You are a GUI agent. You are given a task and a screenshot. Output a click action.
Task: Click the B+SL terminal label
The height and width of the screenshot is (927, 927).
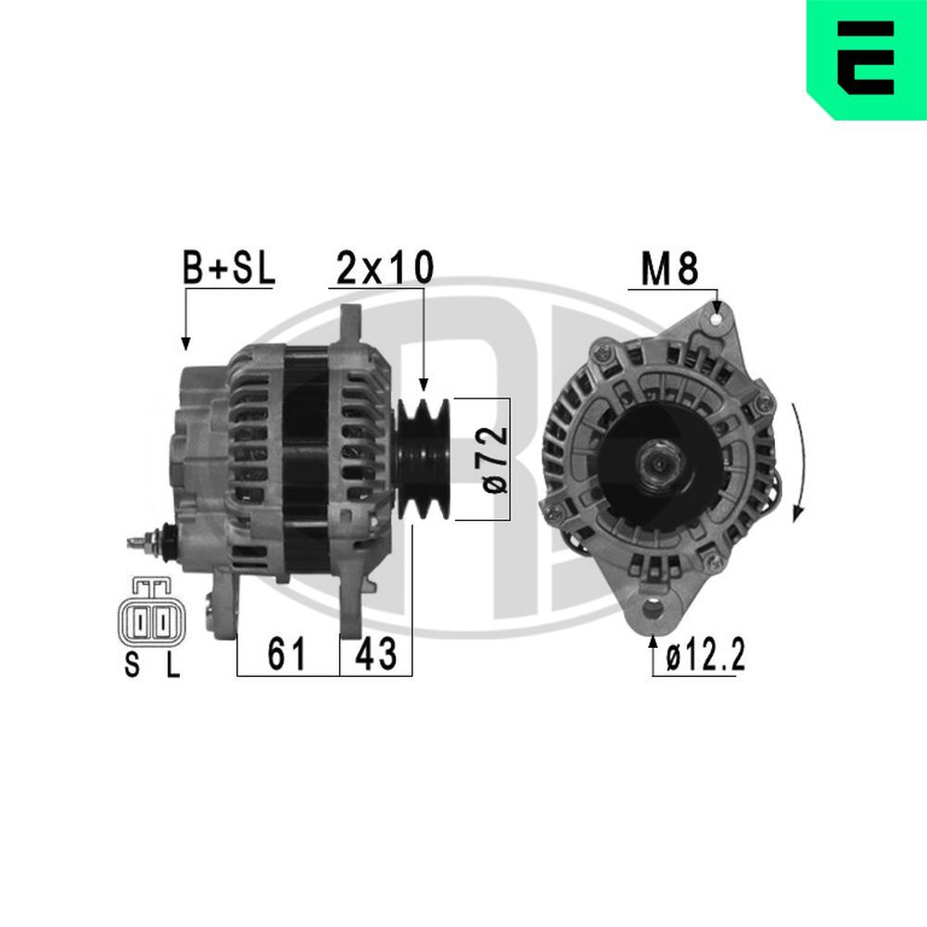[x=227, y=268]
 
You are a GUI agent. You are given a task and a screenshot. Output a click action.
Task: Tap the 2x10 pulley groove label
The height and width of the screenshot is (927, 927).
[x=384, y=268]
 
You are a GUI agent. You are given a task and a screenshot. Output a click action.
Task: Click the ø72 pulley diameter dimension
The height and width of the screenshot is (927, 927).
[x=495, y=459]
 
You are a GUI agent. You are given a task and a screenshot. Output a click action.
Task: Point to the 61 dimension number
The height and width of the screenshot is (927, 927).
[x=287, y=655]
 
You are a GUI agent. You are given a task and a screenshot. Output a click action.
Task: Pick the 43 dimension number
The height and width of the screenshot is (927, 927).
[x=376, y=655]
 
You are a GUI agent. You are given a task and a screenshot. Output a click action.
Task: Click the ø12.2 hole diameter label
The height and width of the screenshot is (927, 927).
[x=705, y=657]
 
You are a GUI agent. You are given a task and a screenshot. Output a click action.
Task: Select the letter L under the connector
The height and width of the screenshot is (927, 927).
[x=171, y=666]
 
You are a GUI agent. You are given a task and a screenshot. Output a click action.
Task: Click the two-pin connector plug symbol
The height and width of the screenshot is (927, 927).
[x=151, y=616]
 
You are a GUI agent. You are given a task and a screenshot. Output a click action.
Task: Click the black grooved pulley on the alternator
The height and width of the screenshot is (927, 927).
[x=425, y=459]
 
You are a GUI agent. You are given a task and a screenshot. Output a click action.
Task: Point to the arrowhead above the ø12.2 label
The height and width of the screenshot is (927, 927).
[x=654, y=642]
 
